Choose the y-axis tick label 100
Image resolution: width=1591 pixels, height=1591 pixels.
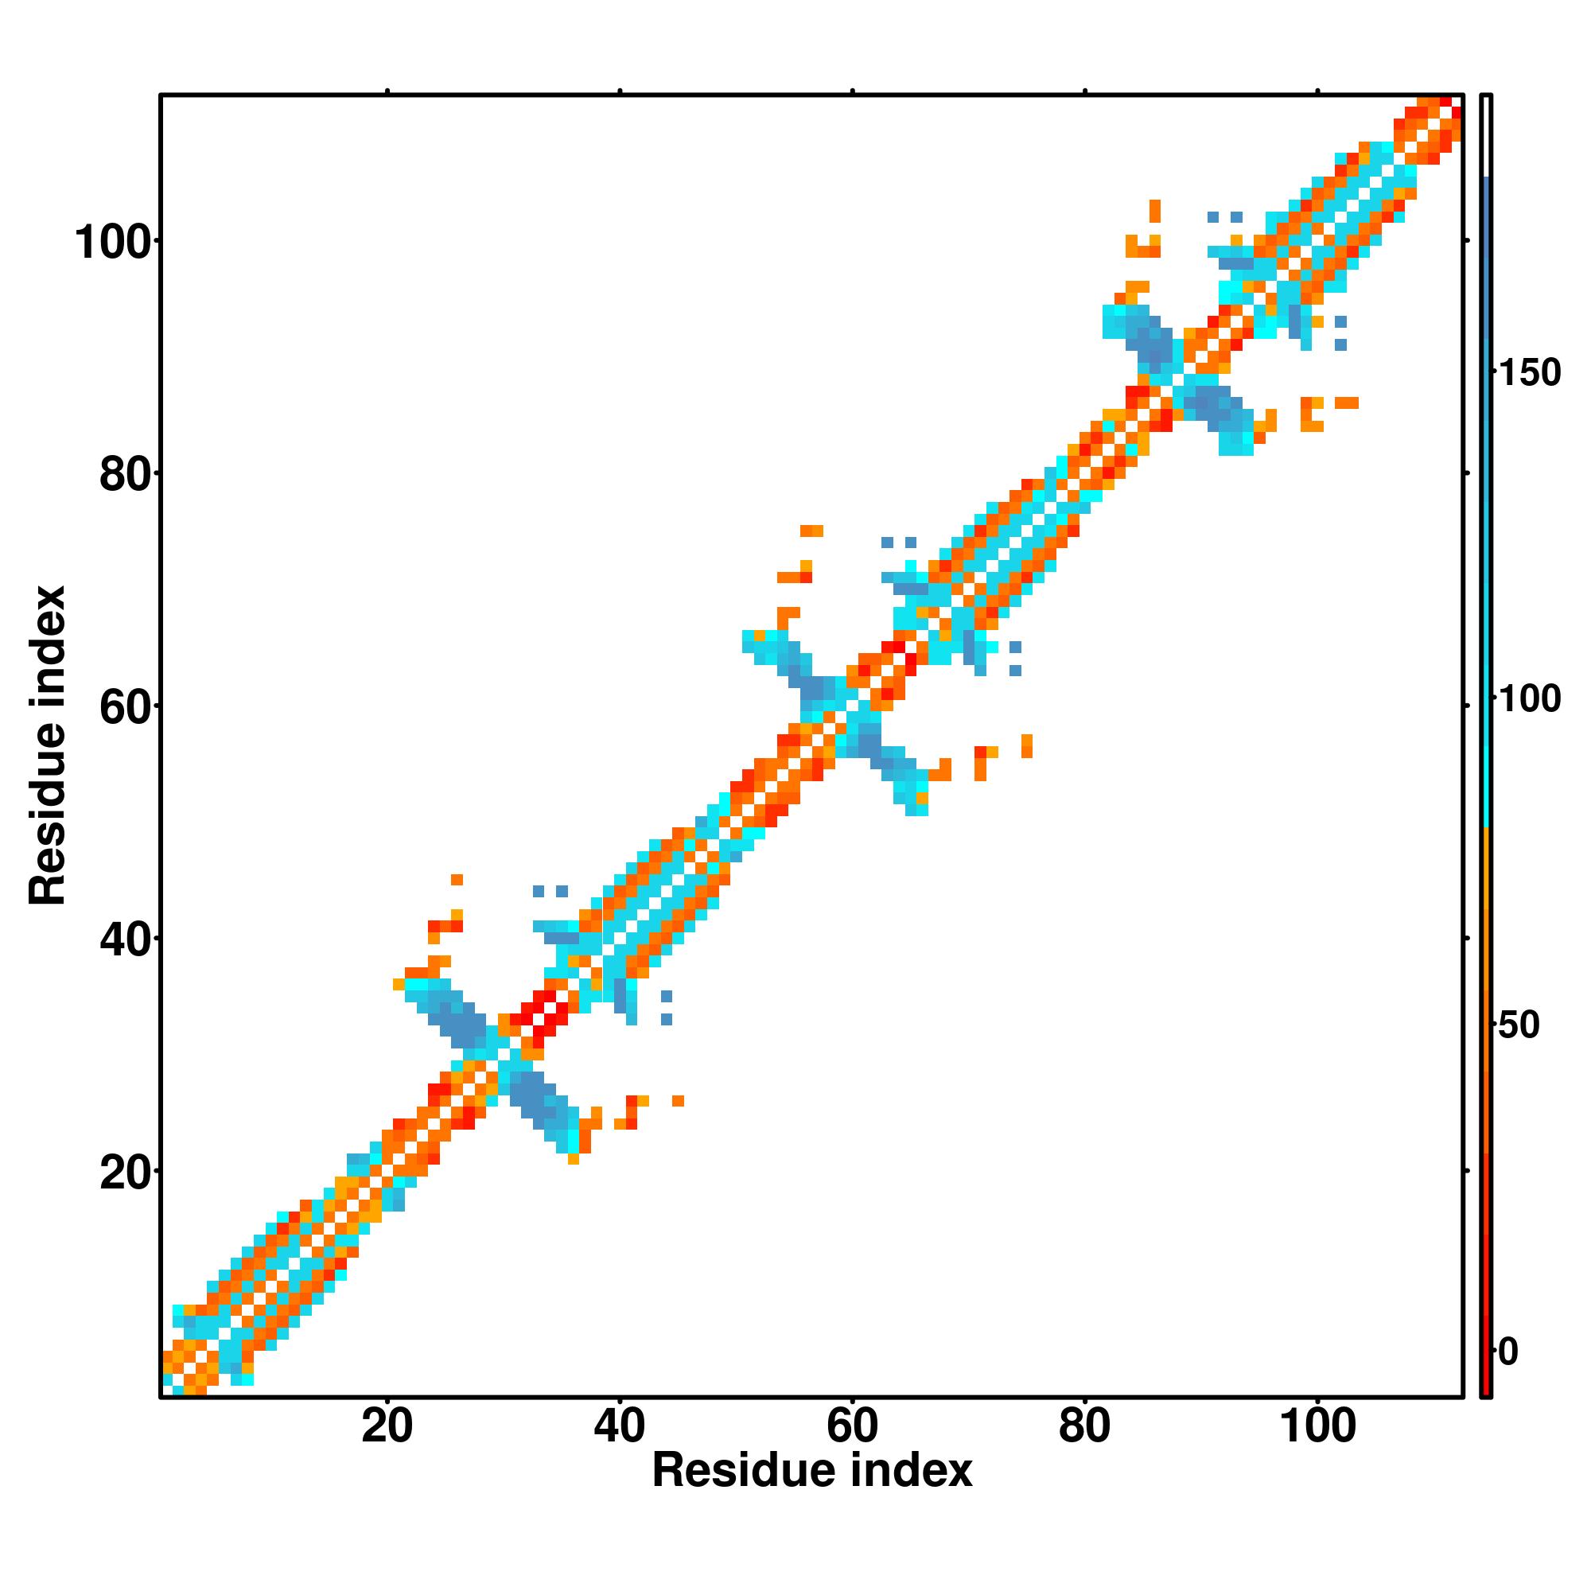(116, 243)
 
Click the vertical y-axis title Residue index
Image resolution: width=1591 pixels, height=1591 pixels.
(48, 745)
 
